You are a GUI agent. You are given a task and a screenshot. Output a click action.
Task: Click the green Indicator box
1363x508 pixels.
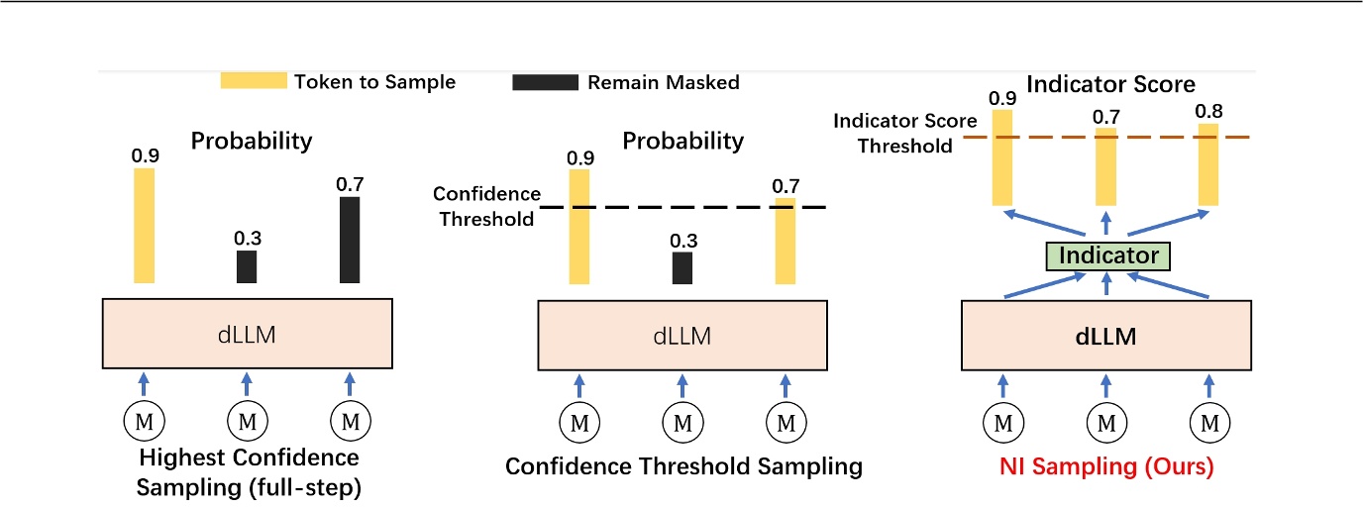[1109, 255]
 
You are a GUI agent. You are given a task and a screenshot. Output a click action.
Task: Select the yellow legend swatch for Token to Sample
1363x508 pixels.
[254, 81]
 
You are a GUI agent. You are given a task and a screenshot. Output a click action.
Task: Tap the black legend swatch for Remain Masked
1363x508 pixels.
[545, 82]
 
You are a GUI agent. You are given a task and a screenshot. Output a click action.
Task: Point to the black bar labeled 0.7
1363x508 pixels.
[350, 240]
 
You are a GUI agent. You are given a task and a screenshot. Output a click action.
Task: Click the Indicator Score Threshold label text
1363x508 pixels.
[891, 133]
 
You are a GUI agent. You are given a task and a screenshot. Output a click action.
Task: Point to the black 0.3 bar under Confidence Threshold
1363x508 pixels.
[682, 267]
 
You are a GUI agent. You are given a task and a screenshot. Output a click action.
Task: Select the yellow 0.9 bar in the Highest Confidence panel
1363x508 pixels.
[145, 225]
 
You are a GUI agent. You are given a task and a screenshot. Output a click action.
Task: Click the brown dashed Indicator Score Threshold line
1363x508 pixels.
[1050, 137]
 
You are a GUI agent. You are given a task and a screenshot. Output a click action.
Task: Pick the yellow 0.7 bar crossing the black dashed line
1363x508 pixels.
[785, 241]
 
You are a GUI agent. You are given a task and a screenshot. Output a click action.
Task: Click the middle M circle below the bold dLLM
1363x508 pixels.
[1106, 424]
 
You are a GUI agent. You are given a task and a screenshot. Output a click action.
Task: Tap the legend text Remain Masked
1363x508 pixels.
[663, 82]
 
